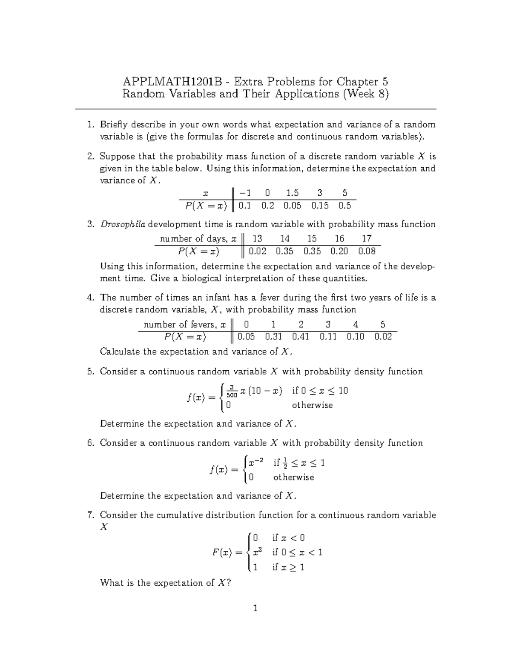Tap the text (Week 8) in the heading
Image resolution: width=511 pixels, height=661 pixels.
click(x=365, y=94)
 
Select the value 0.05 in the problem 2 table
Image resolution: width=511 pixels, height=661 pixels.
click(x=292, y=206)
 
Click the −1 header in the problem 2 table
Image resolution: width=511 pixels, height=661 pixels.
click(x=245, y=193)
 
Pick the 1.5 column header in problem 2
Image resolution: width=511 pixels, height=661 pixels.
click(x=292, y=193)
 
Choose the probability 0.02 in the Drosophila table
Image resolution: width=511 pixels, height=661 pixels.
click(x=258, y=251)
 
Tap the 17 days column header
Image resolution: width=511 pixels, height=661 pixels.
click(x=367, y=238)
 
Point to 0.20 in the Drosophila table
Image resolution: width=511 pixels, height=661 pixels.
click(x=339, y=251)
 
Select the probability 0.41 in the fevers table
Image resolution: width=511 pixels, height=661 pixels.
click(x=301, y=337)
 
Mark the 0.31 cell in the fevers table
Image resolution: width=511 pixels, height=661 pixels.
click(x=273, y=337)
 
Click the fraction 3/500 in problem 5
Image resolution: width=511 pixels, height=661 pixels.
click(x=232, y=391)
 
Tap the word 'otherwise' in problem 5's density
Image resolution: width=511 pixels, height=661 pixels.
click(x=312, y=405)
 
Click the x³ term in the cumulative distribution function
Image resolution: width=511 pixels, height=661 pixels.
click(x=257, y=552)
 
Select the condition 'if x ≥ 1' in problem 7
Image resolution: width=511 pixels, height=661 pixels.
click(x=288, y=567)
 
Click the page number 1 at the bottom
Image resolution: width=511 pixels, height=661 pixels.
click(x=255, y=608)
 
